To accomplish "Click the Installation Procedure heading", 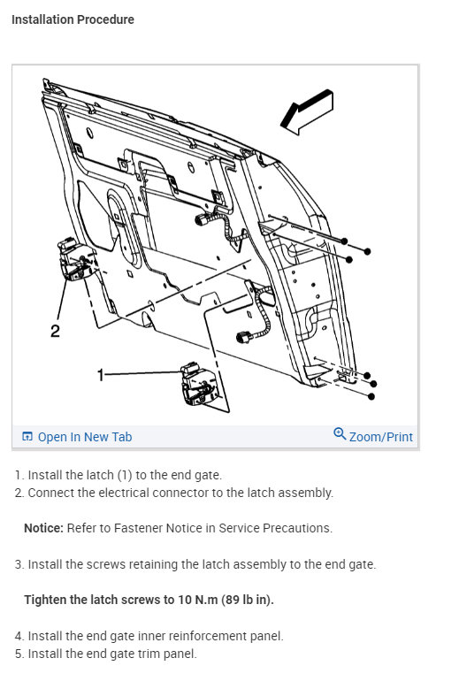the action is pos(73,19).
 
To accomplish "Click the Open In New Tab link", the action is pos(85,437).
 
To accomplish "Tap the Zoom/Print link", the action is pos(381,437).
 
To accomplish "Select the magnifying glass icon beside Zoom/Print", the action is pos(340,434).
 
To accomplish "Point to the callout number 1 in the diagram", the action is pos(101,374).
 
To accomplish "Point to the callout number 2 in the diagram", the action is pos(55,332).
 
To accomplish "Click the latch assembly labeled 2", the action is pos(75,259).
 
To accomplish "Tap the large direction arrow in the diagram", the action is pos(307,112).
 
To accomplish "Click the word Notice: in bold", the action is pos(44,528).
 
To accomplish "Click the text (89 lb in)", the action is pos(248,600).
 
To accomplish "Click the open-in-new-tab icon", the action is pos(27,437).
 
